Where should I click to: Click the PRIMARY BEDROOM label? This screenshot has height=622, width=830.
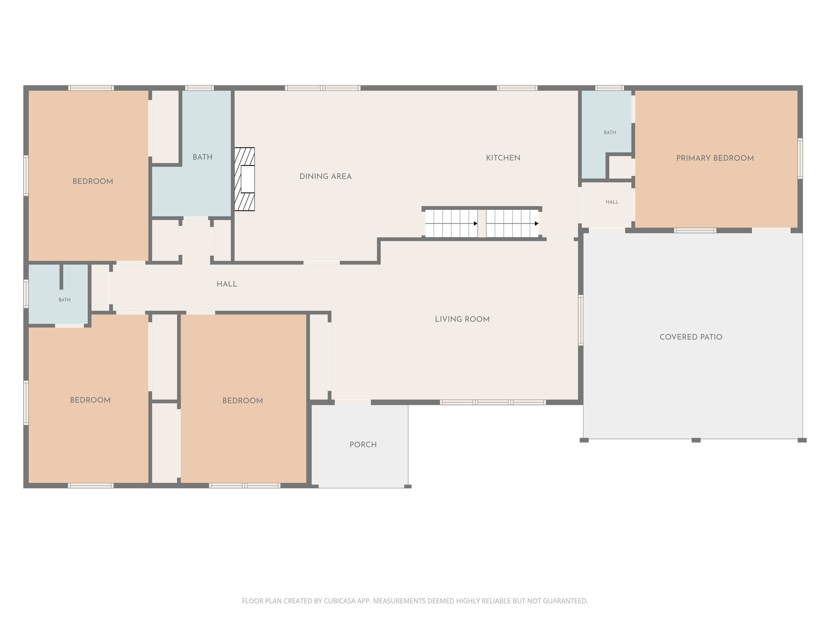[715, 158]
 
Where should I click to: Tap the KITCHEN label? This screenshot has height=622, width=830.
[503, 158]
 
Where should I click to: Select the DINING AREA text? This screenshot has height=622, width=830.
[325, 177]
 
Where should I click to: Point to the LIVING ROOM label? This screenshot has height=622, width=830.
[462, 320]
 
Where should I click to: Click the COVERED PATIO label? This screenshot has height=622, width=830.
[691, 337]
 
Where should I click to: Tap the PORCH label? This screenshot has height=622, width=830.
[363, 445]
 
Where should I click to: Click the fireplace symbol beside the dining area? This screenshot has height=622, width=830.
[245, 179]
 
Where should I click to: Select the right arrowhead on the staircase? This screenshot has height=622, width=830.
[537, 224]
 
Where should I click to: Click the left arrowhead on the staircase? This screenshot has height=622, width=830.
[475, 224]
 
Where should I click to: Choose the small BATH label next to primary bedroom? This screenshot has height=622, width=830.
[610, 132]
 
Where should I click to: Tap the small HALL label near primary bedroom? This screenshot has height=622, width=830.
[612, 202]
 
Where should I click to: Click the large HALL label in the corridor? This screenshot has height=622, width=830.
[227, 284]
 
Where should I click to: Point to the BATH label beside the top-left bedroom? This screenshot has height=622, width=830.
[202, 157]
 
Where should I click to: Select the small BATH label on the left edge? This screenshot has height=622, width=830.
[64, 300]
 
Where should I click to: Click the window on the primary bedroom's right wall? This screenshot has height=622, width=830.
[800, 158]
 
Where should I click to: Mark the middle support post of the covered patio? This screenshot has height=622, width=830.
[696, 440]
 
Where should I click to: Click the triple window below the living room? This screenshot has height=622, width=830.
[492, 402]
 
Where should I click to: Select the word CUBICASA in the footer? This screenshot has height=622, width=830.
[340, 601]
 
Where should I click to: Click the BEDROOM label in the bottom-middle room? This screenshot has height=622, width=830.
[242, 401]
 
